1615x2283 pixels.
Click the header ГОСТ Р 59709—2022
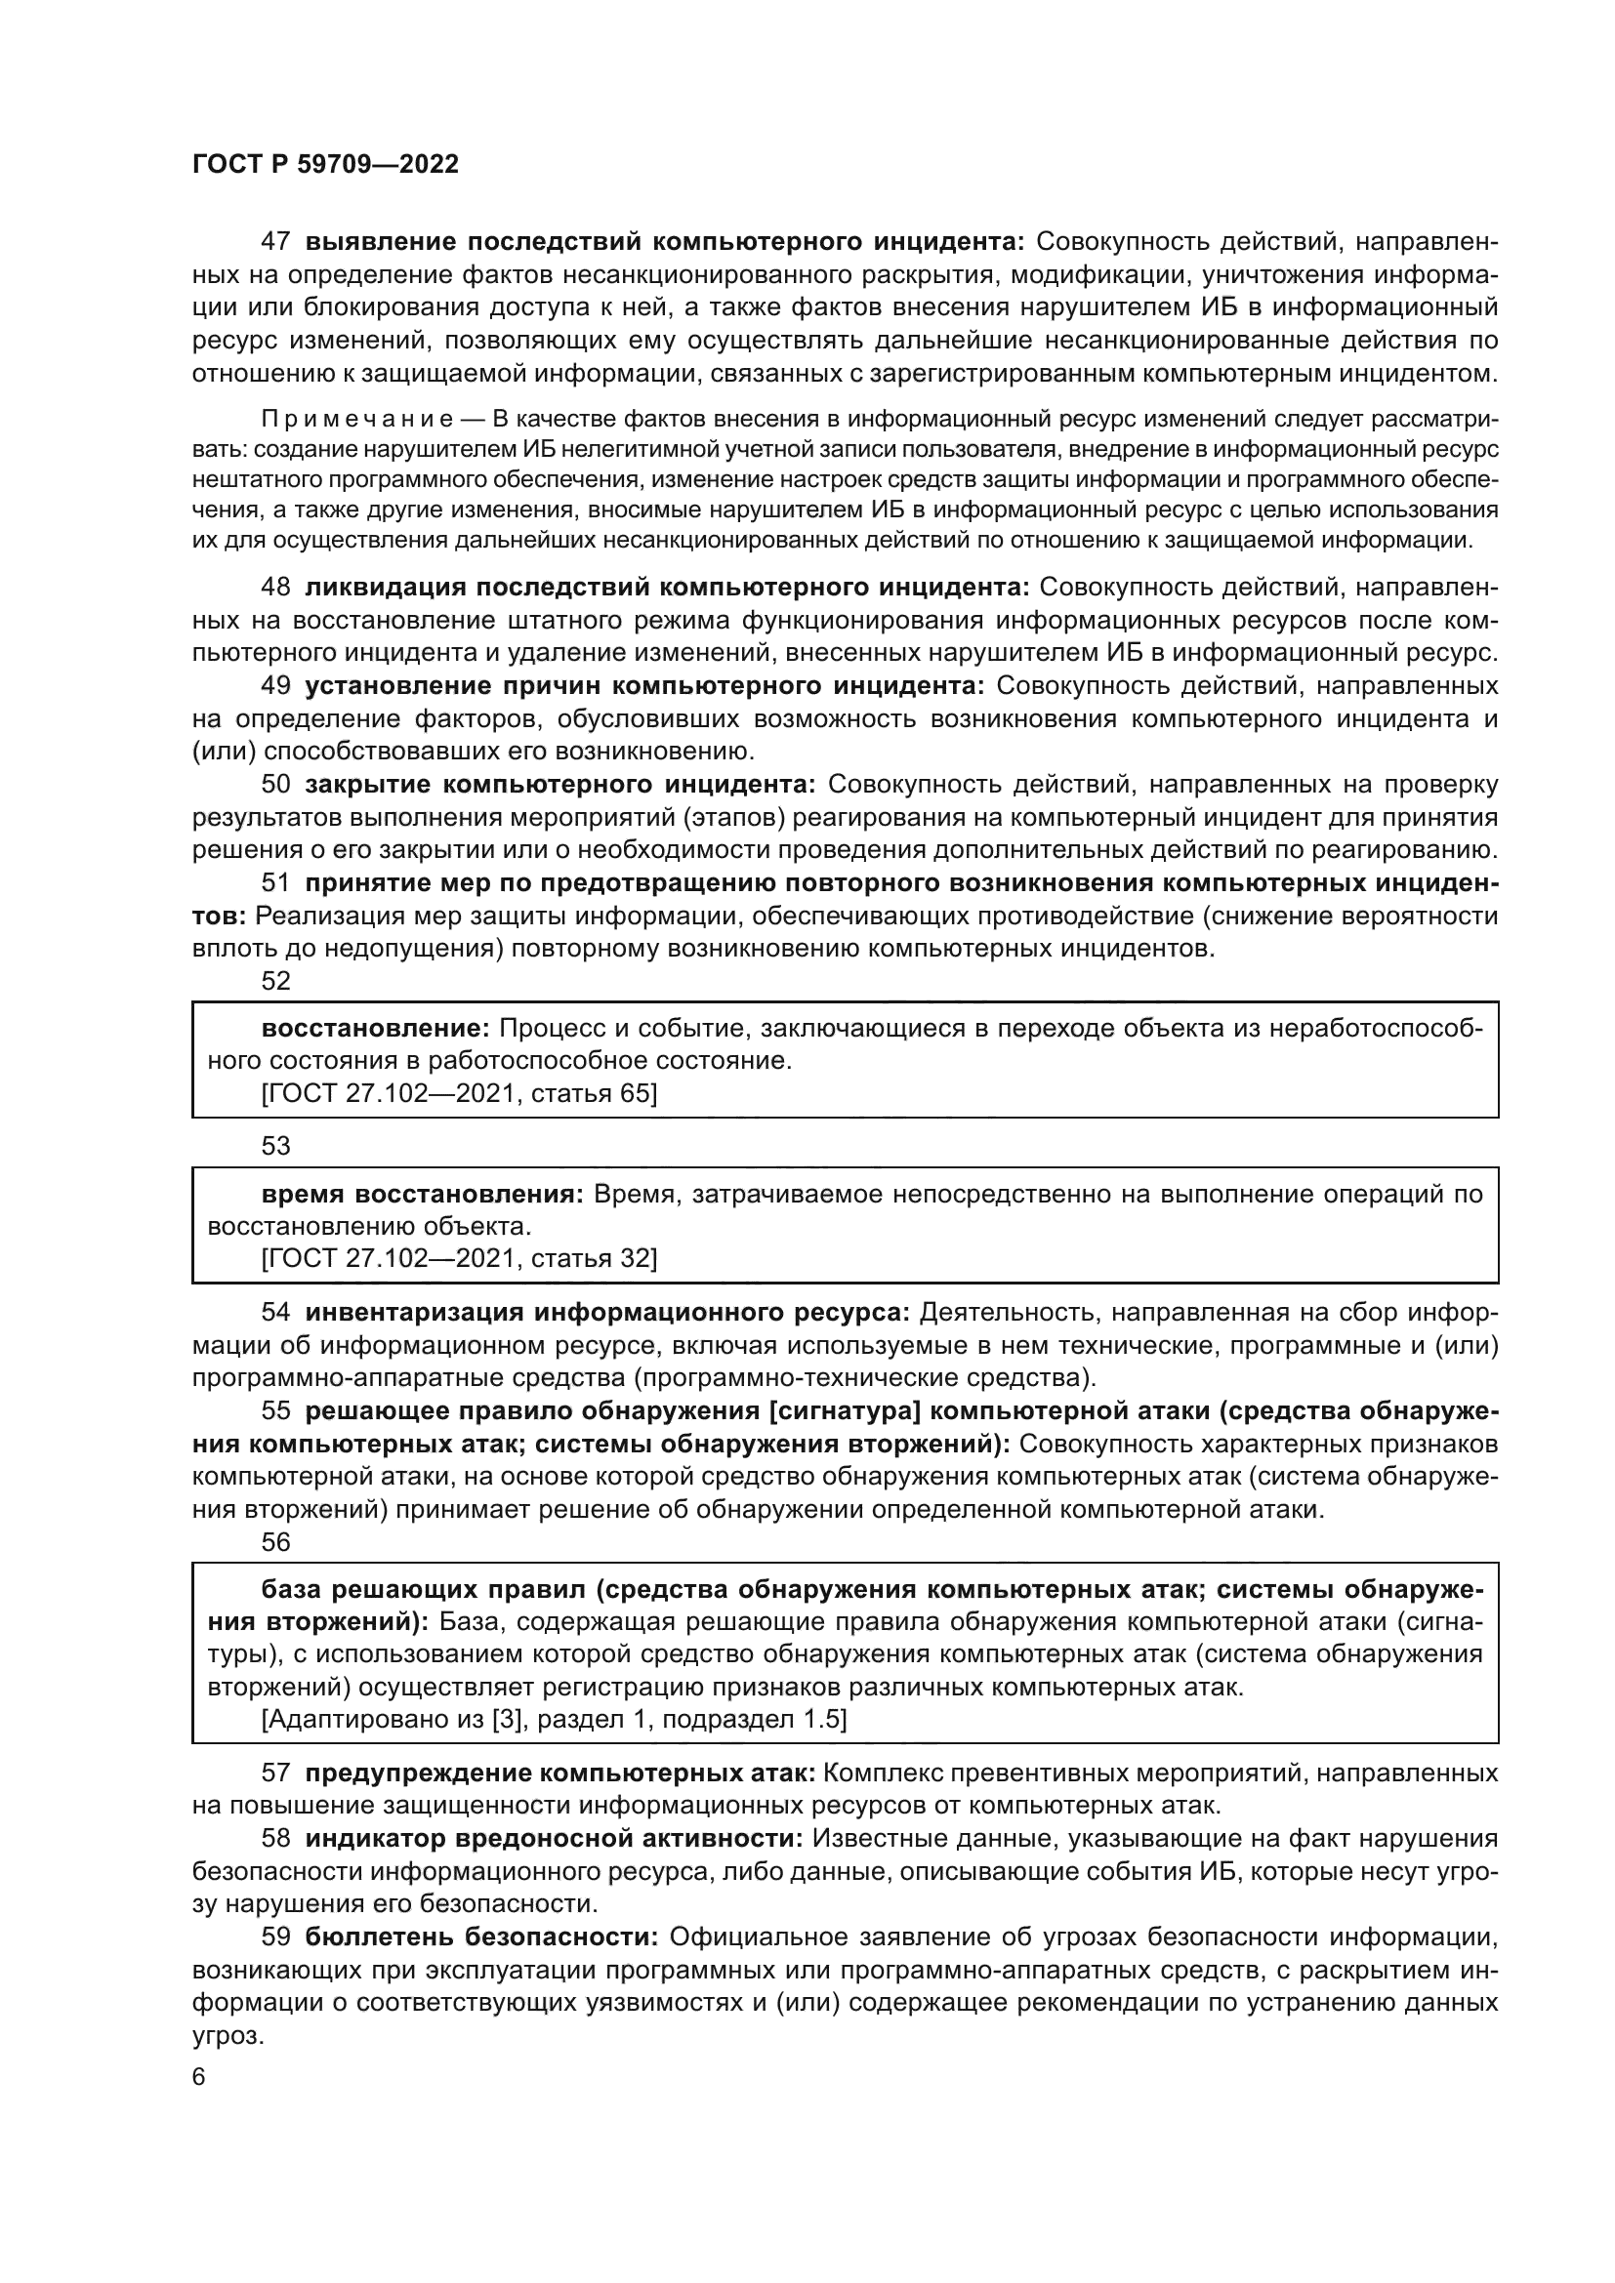point(325,165)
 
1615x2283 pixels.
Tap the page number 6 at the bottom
point(199,2077)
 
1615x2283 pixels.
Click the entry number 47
point(275,242)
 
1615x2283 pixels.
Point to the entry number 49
point(275,686)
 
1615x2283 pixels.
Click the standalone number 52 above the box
point(275,981)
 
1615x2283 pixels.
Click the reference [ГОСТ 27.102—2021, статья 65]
point(459,1094)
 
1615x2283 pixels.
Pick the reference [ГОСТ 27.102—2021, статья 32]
point(459,1259)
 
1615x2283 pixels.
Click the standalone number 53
point(275,1147)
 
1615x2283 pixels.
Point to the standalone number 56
point(275,1542)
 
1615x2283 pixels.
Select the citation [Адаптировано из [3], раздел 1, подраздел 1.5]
point(554,1720)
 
